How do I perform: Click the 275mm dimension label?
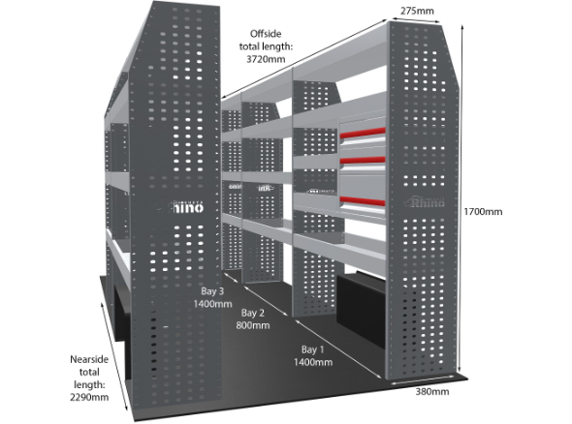click(x=417, y=11)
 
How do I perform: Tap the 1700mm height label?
click(x=483, y=212)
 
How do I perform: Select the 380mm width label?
click(x=432, y=392)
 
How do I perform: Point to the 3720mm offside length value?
click(x=266, y=59)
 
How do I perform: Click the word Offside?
click(x=266, y=34)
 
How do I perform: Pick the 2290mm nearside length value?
click(x=89, y=397)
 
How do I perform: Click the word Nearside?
click(x=89, y=359)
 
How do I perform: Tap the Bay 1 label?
click(x=312, y=349)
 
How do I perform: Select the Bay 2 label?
click(x=252, y=313)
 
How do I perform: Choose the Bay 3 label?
click(x=212, y=291)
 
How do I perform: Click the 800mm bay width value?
click(x=253, y=325)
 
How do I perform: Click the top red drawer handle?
click(x=363, y=133)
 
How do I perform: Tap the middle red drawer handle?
click(x=363, y=161)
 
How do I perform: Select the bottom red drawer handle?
click(x=363, y=200)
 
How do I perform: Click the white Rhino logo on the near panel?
click(x=180, y=207)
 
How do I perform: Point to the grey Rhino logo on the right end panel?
click(x=425, y=201)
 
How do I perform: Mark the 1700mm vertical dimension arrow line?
click(x=462, y=197)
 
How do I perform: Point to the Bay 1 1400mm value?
click(x=313, y=362)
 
